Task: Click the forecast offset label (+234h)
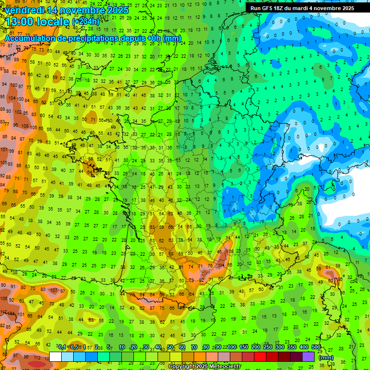point(86,22)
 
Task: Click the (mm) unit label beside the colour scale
point(326,357)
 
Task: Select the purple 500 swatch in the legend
point(308,357)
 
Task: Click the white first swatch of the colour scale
point(55,357)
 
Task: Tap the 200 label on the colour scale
point(256,347)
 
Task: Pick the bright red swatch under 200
point(260,357)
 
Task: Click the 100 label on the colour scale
point(232,347)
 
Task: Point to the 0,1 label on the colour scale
point(62,347)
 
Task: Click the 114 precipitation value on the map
point(221,265)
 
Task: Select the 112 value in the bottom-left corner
point(37,358)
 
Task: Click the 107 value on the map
point(53,291)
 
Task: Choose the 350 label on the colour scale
point(292,347)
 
